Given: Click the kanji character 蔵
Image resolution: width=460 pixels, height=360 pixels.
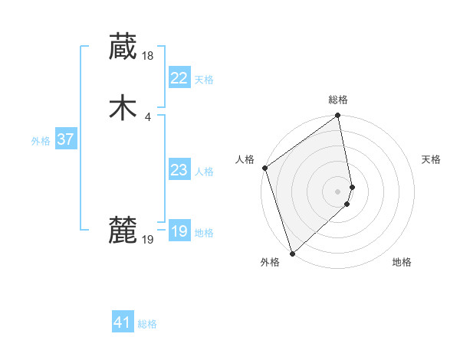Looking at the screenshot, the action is pos(123,47).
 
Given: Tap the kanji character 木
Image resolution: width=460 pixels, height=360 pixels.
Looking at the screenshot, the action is pos(123,108).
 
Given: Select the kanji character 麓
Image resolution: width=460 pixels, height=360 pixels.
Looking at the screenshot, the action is pos(123,230).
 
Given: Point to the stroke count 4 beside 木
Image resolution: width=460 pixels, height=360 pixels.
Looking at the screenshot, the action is pos(147,116).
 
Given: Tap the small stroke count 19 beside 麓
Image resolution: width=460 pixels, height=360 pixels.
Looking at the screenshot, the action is pos(149,240).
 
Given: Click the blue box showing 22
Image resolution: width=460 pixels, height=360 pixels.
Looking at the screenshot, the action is pos(179,78).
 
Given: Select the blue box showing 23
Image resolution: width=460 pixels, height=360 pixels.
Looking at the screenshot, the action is pos(179,170).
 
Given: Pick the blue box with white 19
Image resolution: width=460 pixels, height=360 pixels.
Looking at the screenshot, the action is pos(179,231).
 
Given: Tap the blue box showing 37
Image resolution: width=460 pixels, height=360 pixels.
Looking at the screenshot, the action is pos(65,139).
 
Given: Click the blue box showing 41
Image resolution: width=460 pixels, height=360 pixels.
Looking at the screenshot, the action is pos(123,322).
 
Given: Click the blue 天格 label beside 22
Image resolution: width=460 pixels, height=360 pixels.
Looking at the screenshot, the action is pos(204,80).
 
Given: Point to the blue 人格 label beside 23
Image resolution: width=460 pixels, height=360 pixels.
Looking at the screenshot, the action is pos(204,172).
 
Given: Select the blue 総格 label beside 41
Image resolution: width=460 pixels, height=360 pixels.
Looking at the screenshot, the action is pos(147,324).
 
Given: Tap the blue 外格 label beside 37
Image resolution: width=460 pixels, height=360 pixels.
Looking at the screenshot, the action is pos(41,141).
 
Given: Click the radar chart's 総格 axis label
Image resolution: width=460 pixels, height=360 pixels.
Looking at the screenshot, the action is pos(338,100).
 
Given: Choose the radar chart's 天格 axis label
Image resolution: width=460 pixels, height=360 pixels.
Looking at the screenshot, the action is pos(432,159).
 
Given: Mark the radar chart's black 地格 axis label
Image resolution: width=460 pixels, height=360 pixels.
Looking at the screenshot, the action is pos(402,263).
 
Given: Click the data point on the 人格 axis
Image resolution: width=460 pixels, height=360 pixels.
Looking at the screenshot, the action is pos(264,168).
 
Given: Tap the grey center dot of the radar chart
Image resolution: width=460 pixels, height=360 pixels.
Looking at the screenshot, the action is pos(338,190).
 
